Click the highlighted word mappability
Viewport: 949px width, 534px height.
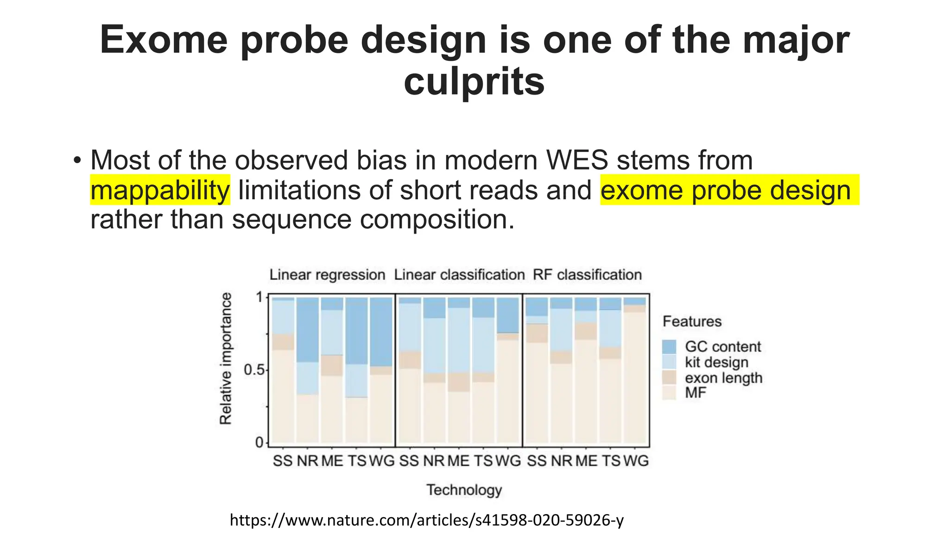(160, 190)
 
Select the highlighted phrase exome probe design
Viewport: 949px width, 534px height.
(726, 190)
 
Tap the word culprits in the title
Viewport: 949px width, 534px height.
(474, 82)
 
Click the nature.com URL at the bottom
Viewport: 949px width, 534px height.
(427, 520)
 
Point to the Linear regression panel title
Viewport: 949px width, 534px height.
(327, 275)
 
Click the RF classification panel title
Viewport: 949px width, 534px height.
(587, 275)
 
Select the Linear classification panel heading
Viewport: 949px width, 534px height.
(459, 275)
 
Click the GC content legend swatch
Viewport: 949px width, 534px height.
(669, 347)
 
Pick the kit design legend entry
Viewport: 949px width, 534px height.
(716, 362)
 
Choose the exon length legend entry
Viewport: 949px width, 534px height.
(723, 378)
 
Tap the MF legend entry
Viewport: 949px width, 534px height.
(695, 393)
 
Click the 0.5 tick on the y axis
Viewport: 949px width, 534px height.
(253, 370)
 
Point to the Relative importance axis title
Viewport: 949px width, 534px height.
(226, 358)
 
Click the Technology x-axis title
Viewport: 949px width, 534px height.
(464, 490)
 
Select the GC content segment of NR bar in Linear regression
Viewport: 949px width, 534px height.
(308, 330)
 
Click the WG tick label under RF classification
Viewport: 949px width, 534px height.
(636, 461)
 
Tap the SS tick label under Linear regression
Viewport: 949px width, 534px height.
(282, 461)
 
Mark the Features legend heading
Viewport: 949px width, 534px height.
(692, 321)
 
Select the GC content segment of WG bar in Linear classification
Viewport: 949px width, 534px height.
(508, 315)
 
